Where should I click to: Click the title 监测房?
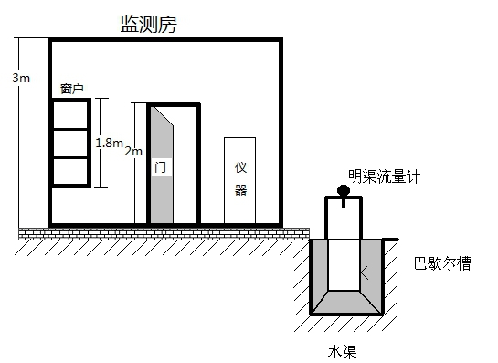tap(149, 24)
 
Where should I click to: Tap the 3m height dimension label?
tap(21, 78)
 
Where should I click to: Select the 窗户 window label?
tap(72, 89)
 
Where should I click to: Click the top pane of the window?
tap(70, 114)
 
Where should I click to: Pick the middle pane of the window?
tap(70, 144)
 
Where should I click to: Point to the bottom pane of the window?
tap(70, 171)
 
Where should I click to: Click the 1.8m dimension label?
tap(110, 143)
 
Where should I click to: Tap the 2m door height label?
tap(133, 151)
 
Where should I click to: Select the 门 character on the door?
tap(160, 167)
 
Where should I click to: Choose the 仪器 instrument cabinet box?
tap(239, 180)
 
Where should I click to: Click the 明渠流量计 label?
tap(384, 176)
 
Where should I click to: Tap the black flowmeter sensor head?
tap(344, 191)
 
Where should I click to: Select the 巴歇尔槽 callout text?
tap(442, 263)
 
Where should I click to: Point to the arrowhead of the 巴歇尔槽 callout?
tap(362, 272)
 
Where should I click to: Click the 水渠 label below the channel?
tap(342, 352)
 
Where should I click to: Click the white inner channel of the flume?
tap(344, 265)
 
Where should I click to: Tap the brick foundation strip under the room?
tap(164, 234)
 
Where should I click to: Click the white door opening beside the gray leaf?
tap(185, 165)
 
